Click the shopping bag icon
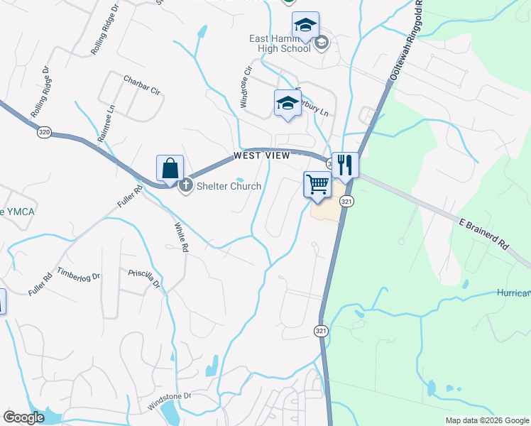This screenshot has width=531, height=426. coord(170,168)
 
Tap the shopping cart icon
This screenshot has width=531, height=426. coord(317,185)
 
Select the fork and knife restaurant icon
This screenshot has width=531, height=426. coord(345,165)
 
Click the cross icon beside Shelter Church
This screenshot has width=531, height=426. coord(186,186)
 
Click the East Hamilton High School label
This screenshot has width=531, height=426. coord(280,43)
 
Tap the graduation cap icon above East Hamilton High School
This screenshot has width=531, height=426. coord(305,25)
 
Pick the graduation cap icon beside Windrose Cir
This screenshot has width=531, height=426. coord(288,102)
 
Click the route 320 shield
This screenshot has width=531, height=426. coord(44,131)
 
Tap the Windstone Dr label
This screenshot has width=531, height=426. coord(170,402)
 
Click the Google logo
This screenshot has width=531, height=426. coord(24,417)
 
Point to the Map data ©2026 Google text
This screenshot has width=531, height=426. coord(486,420)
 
